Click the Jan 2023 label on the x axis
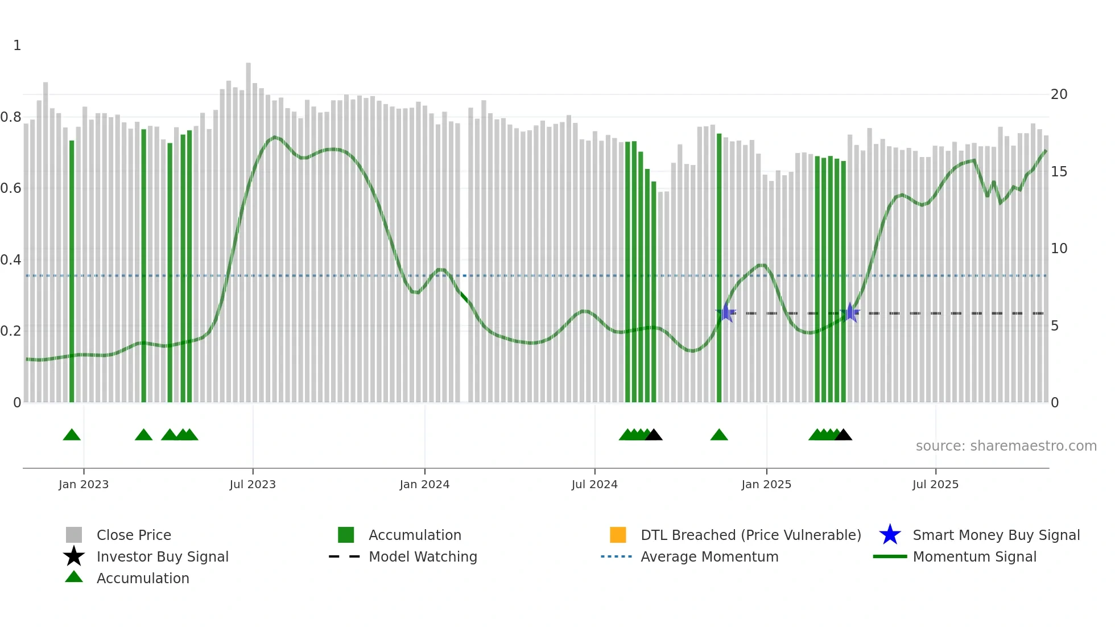(84, 484)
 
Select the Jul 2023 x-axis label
(253, 484)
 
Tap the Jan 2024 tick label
(424, 484)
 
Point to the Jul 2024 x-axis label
(594, 484)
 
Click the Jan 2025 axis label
(766, 484)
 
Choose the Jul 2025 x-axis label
(935, 484)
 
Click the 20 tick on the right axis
(1059, 94)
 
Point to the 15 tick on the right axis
(1059, 172)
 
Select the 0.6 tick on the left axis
(11, 188)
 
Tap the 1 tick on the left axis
(17, 46)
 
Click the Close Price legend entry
(134, 535)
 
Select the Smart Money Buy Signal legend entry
(996, 535)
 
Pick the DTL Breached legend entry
(750, 535)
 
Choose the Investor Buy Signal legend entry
(162, 556)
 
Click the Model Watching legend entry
(423, 556)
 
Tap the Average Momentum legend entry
(709, 556)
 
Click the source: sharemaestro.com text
(1006, 446)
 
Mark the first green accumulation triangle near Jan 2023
(72, 435)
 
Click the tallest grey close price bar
(248, 228)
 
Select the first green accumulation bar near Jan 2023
(72, 273)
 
